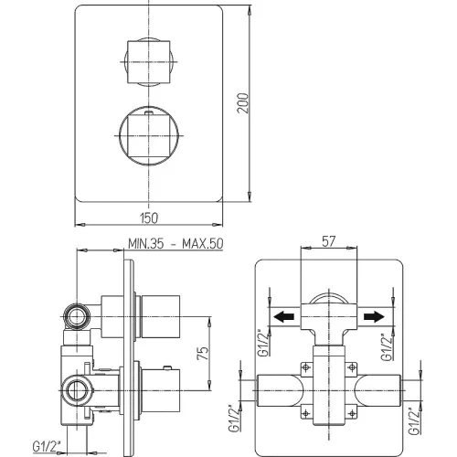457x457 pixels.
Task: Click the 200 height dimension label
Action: pos(243,103)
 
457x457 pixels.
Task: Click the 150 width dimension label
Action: pos(149,218)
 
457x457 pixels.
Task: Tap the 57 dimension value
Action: pos(329,241)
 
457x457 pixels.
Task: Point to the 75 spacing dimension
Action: pos(203,353)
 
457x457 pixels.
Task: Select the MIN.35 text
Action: pos(146,244)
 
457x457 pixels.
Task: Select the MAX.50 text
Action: pos(203,244)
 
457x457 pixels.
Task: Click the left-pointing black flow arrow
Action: pos(283,316)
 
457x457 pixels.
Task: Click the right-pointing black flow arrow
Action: pos(374,316)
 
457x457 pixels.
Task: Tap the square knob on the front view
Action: pos(148,61)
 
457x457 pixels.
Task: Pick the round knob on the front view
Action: pos(148,135)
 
